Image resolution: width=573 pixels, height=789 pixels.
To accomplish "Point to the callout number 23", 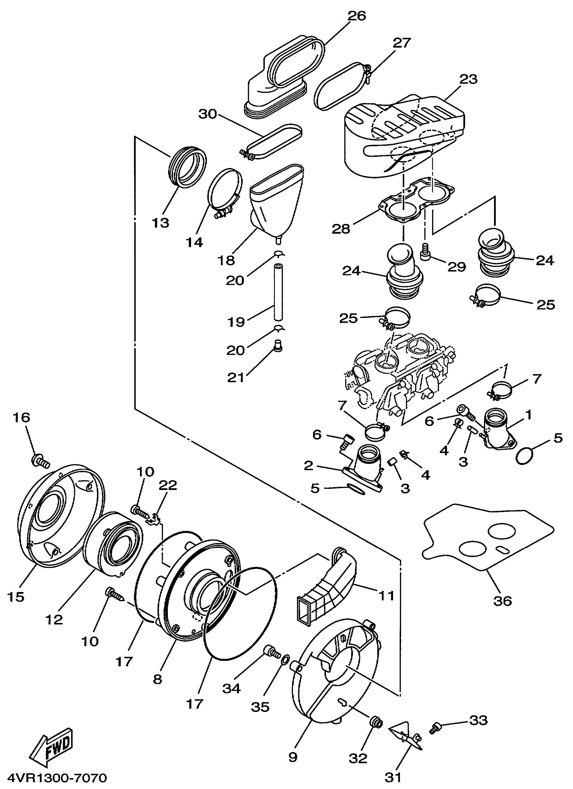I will [468, 79].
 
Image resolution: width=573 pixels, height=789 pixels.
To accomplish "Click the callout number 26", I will [357, 16].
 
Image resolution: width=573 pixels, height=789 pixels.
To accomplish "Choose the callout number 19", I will [236, 322].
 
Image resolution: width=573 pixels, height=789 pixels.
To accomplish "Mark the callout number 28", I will [341, 229].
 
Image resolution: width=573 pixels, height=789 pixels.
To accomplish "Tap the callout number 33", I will [478, 720].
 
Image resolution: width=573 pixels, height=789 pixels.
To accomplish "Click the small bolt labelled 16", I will [40, 462].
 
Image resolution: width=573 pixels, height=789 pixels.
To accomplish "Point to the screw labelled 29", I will [425, 251].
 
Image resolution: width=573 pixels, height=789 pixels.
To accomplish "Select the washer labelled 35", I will [285, 659].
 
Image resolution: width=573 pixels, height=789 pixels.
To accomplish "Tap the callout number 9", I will [293, 757].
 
